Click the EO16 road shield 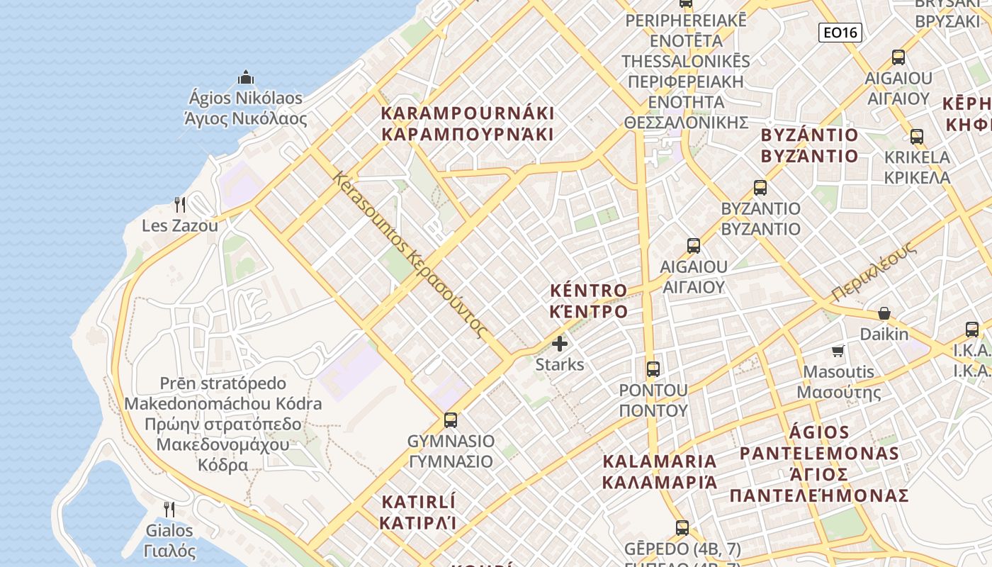coord(840,32)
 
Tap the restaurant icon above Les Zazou coord(180,205)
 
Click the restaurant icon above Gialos coord(169,509)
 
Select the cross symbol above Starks coord(560,344)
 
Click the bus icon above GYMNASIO coord(450,420)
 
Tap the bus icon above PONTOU coord(653,369)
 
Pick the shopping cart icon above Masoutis coord(838,351)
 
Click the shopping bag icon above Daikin coord(884,313)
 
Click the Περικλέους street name coord(875,271)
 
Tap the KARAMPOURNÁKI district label coord(468,123)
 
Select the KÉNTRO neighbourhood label coord(589,301)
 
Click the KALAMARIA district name coord(660,472)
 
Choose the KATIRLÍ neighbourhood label coord(418,512)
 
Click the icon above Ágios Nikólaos coord(246,77)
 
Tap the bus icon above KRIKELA coord(916,136)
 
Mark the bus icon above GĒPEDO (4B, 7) coord(682,527)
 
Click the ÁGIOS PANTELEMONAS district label coord(819,464)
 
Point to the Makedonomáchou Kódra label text coord(222,404)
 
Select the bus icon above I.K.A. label coord(971,329)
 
